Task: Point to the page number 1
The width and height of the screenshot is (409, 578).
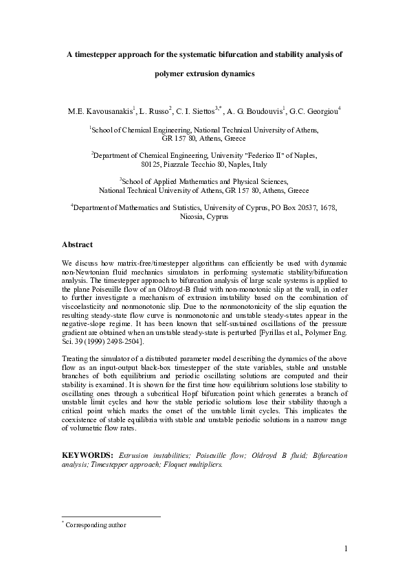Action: pos(346,547)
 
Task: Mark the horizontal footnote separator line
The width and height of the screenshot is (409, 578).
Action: pos(111,516)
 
